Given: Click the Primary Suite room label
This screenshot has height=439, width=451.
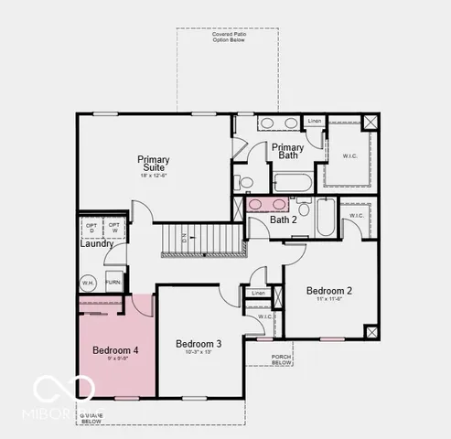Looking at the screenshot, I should (x=154, y=164).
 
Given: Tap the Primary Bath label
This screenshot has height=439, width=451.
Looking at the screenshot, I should (x=287, y=152).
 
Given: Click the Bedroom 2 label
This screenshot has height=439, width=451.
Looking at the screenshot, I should (x=329, y=291).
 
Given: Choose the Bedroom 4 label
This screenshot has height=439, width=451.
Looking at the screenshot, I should (x=115, y=350).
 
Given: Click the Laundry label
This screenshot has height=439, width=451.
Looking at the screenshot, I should (x=97, y=244).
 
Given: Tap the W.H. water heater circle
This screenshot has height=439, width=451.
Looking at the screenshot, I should (x=89, y=283).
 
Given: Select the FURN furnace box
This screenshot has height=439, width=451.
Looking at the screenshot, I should (x=113, y=283).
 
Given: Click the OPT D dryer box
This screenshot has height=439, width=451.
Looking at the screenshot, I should (x=91, y=226).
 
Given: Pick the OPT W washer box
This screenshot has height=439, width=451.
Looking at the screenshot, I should (x=114, y=226).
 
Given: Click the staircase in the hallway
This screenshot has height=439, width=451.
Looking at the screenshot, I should (x=201, y=241).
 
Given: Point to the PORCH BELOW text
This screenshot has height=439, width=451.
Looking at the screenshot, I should (x=282, y=359).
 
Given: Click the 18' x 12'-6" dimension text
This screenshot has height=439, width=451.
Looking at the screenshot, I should (x=154, y=176).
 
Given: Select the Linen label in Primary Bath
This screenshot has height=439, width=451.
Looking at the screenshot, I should (x=314, y=122).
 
